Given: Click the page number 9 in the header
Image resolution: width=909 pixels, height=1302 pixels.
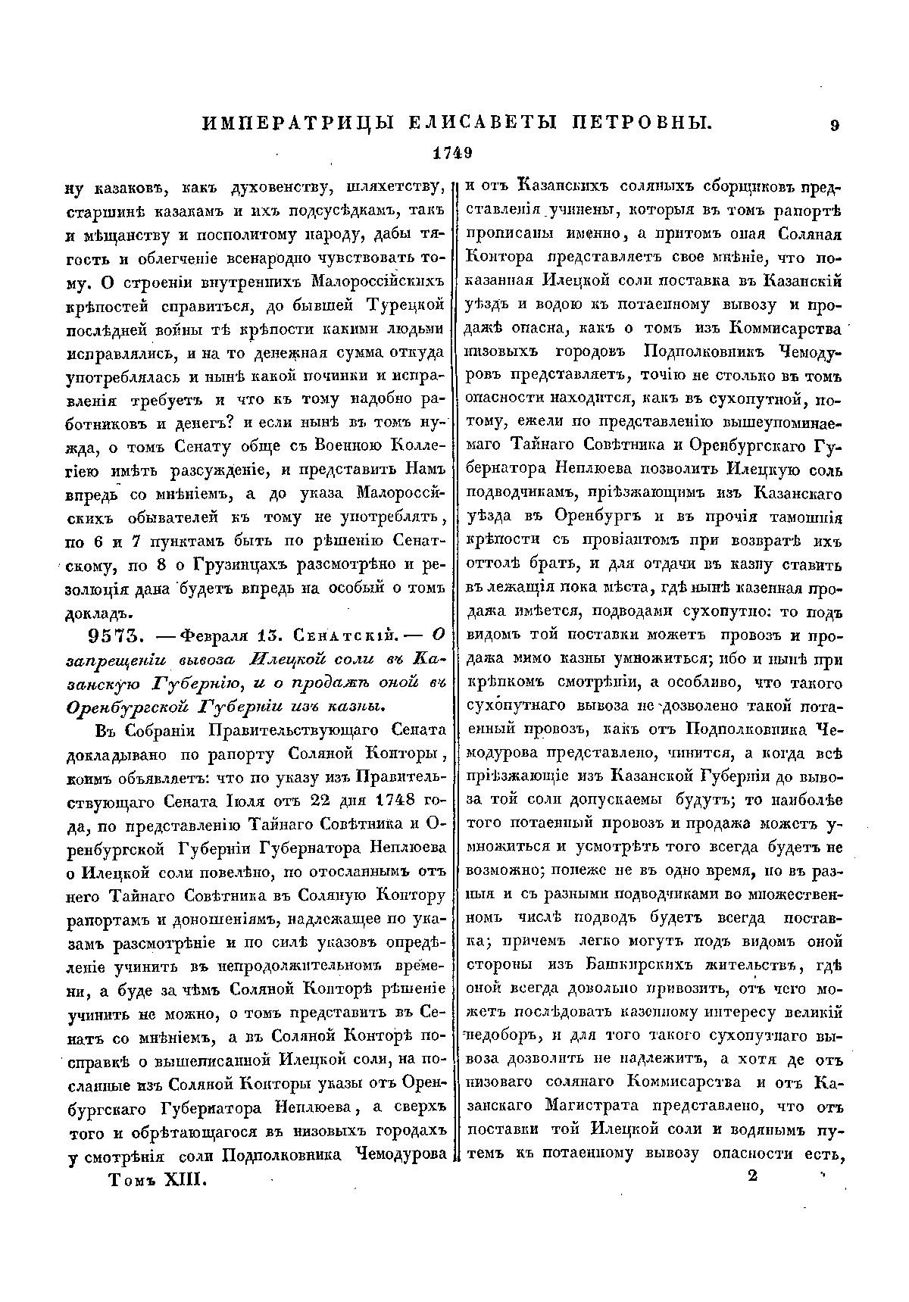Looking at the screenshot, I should (834, 126).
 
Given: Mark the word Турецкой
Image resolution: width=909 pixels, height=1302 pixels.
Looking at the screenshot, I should (406, 307).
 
